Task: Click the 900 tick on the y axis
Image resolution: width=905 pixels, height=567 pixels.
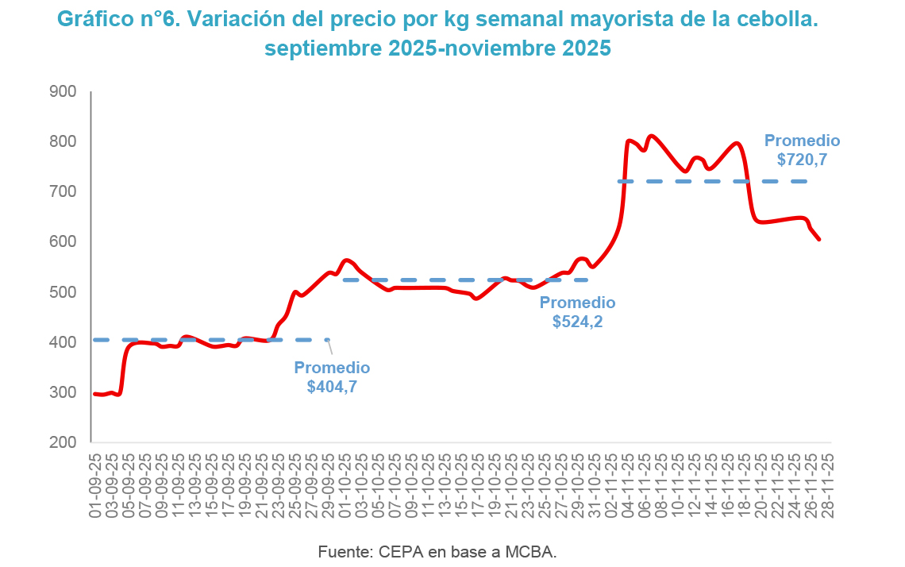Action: tap(62, 91)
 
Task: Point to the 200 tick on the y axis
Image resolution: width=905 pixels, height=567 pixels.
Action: tap(62, 442)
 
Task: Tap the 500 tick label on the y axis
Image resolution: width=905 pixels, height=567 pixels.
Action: tap(62, 292)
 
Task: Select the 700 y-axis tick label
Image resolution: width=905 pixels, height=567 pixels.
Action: tap(62, 191)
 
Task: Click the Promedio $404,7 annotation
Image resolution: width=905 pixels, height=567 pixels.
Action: tap(332, 377)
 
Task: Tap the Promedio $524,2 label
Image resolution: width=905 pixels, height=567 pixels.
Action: tap(577, 312)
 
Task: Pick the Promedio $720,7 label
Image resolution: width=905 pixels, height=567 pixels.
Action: tap(802, 150)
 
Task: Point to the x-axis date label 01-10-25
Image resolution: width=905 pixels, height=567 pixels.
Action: tap(346, 486)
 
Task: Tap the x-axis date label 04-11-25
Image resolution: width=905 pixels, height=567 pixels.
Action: tap(629, 486)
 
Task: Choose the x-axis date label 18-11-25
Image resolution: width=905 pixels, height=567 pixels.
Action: tap(745, 486)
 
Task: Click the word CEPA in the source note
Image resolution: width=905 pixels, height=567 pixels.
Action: tap(402, 551)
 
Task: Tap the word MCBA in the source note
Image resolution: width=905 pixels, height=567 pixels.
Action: tap(531, 551)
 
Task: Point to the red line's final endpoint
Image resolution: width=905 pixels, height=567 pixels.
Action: tap(819, 239)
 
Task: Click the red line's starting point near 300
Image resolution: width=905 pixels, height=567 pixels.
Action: tap(94, 394)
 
